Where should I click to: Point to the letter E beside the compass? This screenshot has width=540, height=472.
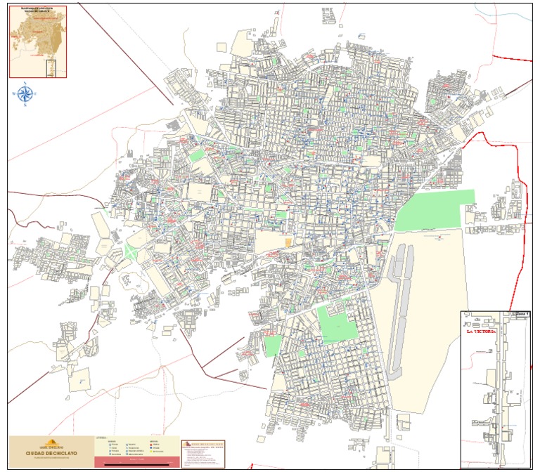click(x=37, y=93)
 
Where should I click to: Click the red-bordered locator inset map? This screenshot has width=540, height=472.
click(x=37, y=41)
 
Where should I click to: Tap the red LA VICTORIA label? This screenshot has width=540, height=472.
click(x=482, y=330)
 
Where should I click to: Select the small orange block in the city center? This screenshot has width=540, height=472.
click(x=288, y=242)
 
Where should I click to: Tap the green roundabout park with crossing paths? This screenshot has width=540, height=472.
click(x=132, y=251)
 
